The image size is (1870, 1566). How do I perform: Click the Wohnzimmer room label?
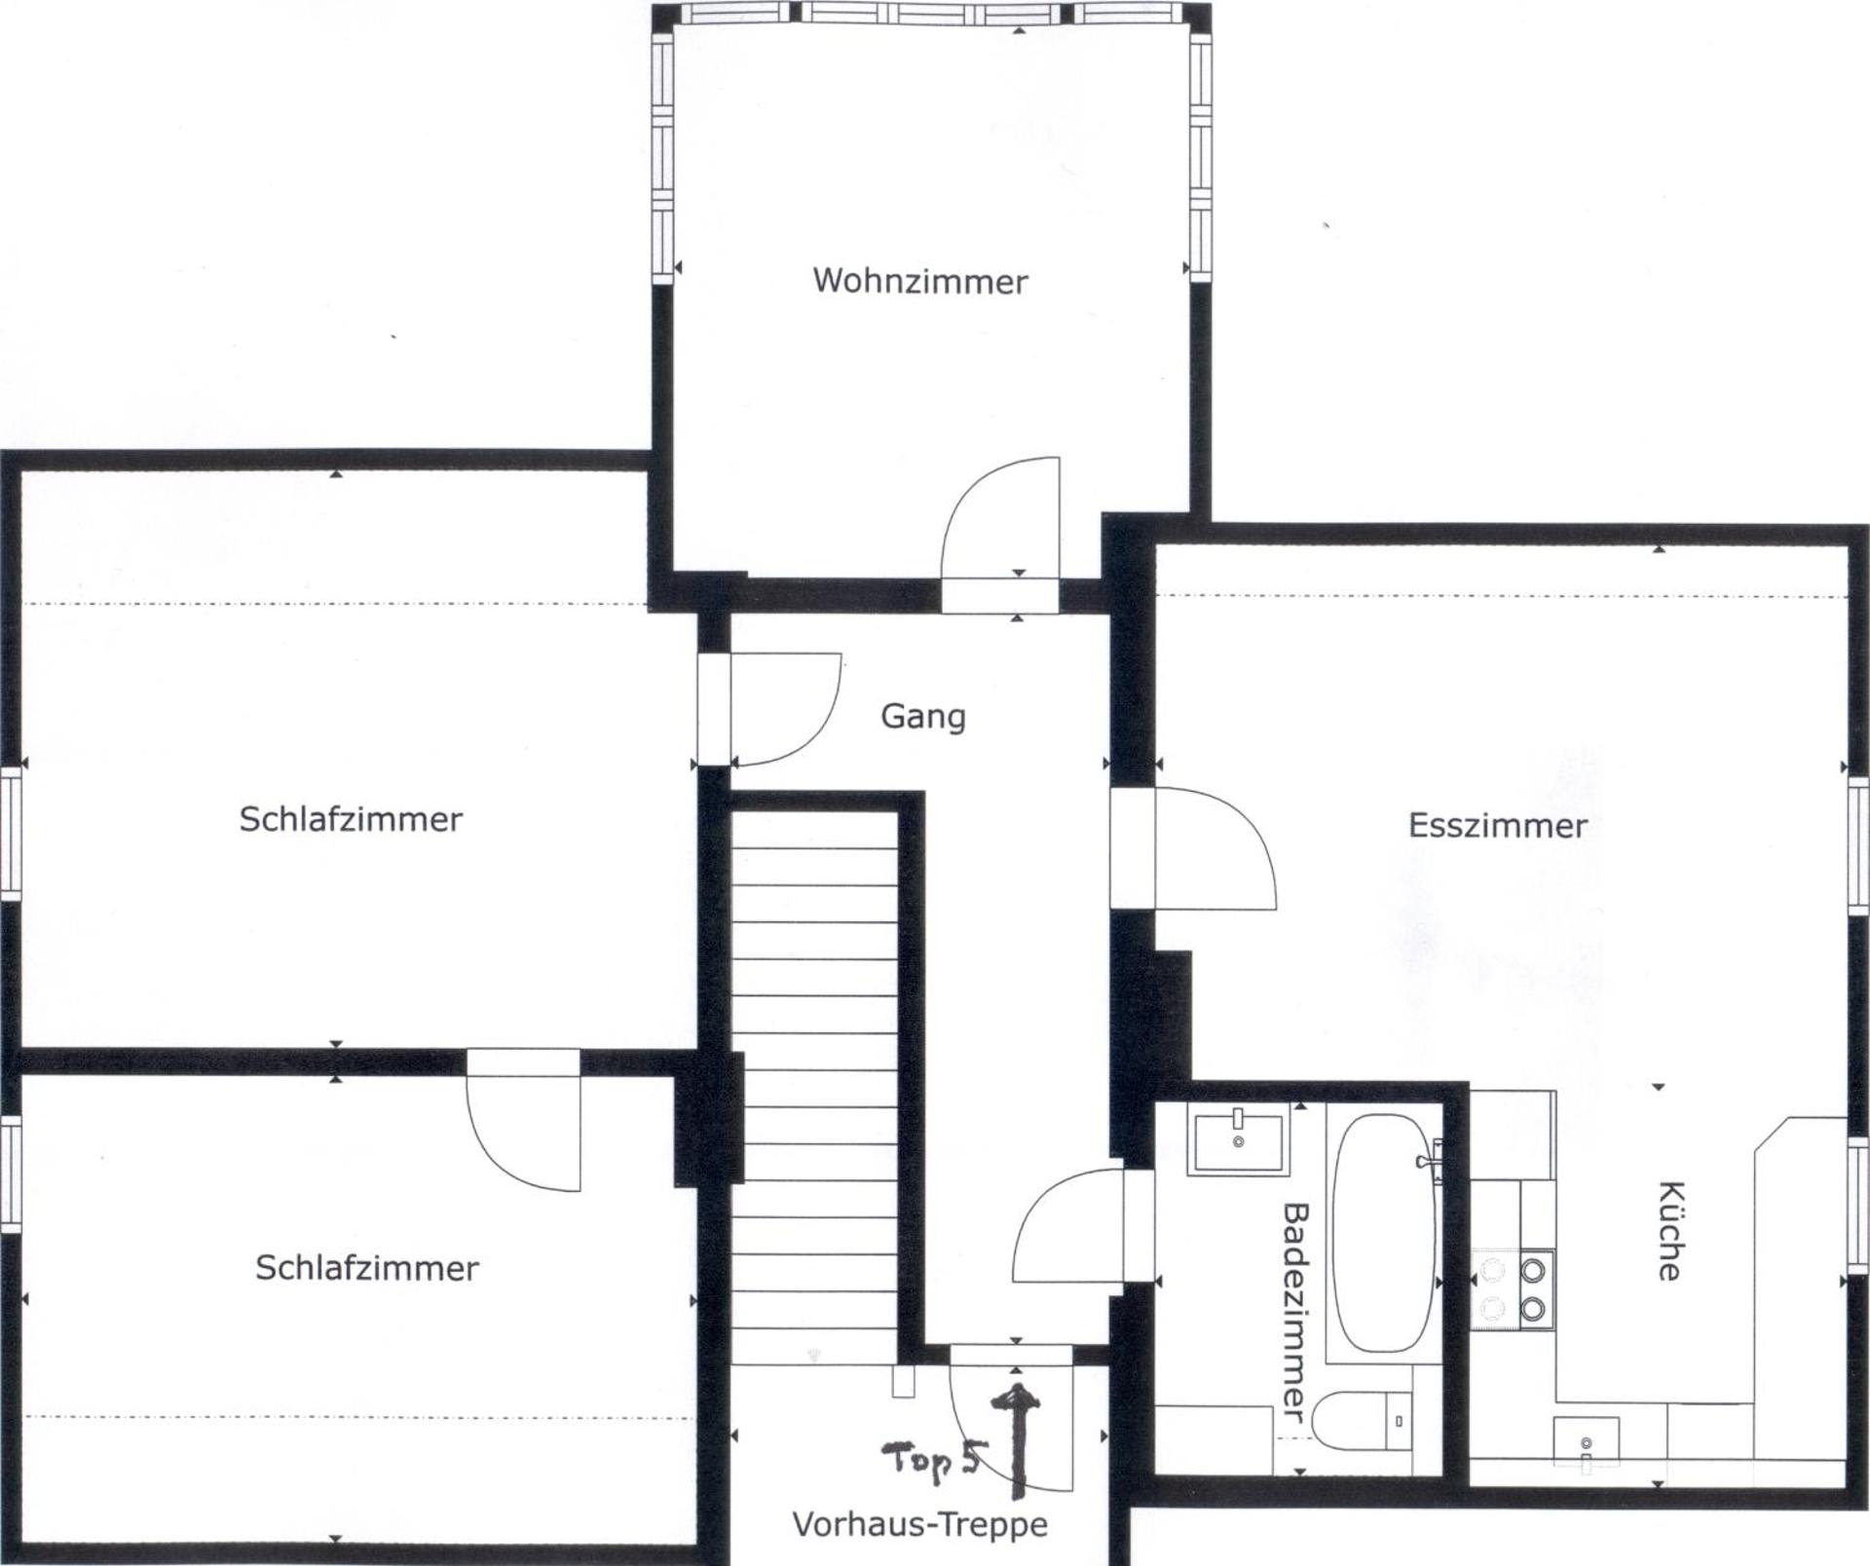920,281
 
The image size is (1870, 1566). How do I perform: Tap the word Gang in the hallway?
922,717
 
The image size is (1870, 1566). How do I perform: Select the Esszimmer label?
1497,826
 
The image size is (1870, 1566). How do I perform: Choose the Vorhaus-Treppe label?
919,1524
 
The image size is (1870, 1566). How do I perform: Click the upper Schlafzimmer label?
351,819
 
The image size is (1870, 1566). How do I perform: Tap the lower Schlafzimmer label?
367,1268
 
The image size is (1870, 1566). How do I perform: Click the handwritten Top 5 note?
930,1461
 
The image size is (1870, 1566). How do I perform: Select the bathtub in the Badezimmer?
1382,1232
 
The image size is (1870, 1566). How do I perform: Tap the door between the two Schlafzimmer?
524,1120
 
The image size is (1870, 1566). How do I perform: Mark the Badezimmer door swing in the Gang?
1069,1229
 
